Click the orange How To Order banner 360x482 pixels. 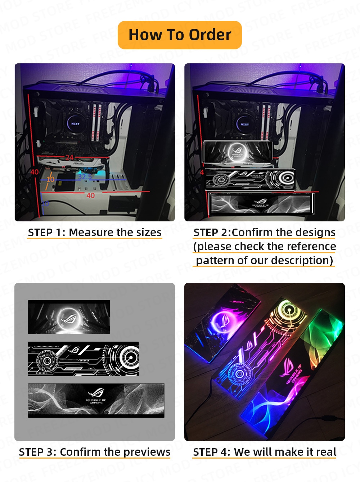180,35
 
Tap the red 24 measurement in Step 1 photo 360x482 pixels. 69,157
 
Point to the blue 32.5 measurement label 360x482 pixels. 85,176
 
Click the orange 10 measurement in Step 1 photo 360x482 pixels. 50,179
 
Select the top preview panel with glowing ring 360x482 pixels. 69,317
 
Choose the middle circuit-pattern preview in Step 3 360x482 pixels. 83,359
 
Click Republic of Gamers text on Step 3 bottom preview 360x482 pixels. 96,401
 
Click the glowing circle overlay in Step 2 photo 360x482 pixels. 236,151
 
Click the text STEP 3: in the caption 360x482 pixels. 37,452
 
